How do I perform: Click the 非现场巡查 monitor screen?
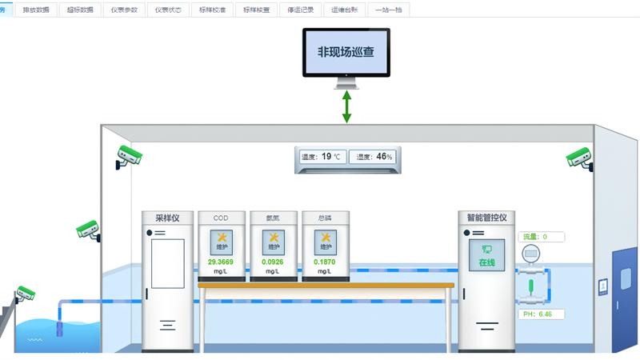pyautogui.click(x=346, y=52)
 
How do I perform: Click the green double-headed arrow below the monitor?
pyautogui.click(x=346, y=106)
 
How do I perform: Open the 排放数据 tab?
pyautogui.click(x=38, y=10)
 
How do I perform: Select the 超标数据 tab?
pyautogui.click(x=80, y=10)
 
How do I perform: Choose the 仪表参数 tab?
pyautogui.click(x=125, y=10)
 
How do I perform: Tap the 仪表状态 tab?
pyautogui.click(x=169, y=10)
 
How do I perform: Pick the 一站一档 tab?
pyautogui.click(x=388, y=10)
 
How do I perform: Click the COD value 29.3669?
pyautogui.click(x=221, y=262)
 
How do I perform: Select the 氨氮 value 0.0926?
pyautogui.click(x=273, y=262)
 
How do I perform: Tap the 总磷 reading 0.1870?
pyautogui.click(x=325, y=262)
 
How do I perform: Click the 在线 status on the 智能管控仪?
pyautogui.click(x=486, y=262)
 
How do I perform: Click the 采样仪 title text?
pyautogui.click(x=167, y=218)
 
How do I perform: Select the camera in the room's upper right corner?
pyautogui.click(x=579, y=158)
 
